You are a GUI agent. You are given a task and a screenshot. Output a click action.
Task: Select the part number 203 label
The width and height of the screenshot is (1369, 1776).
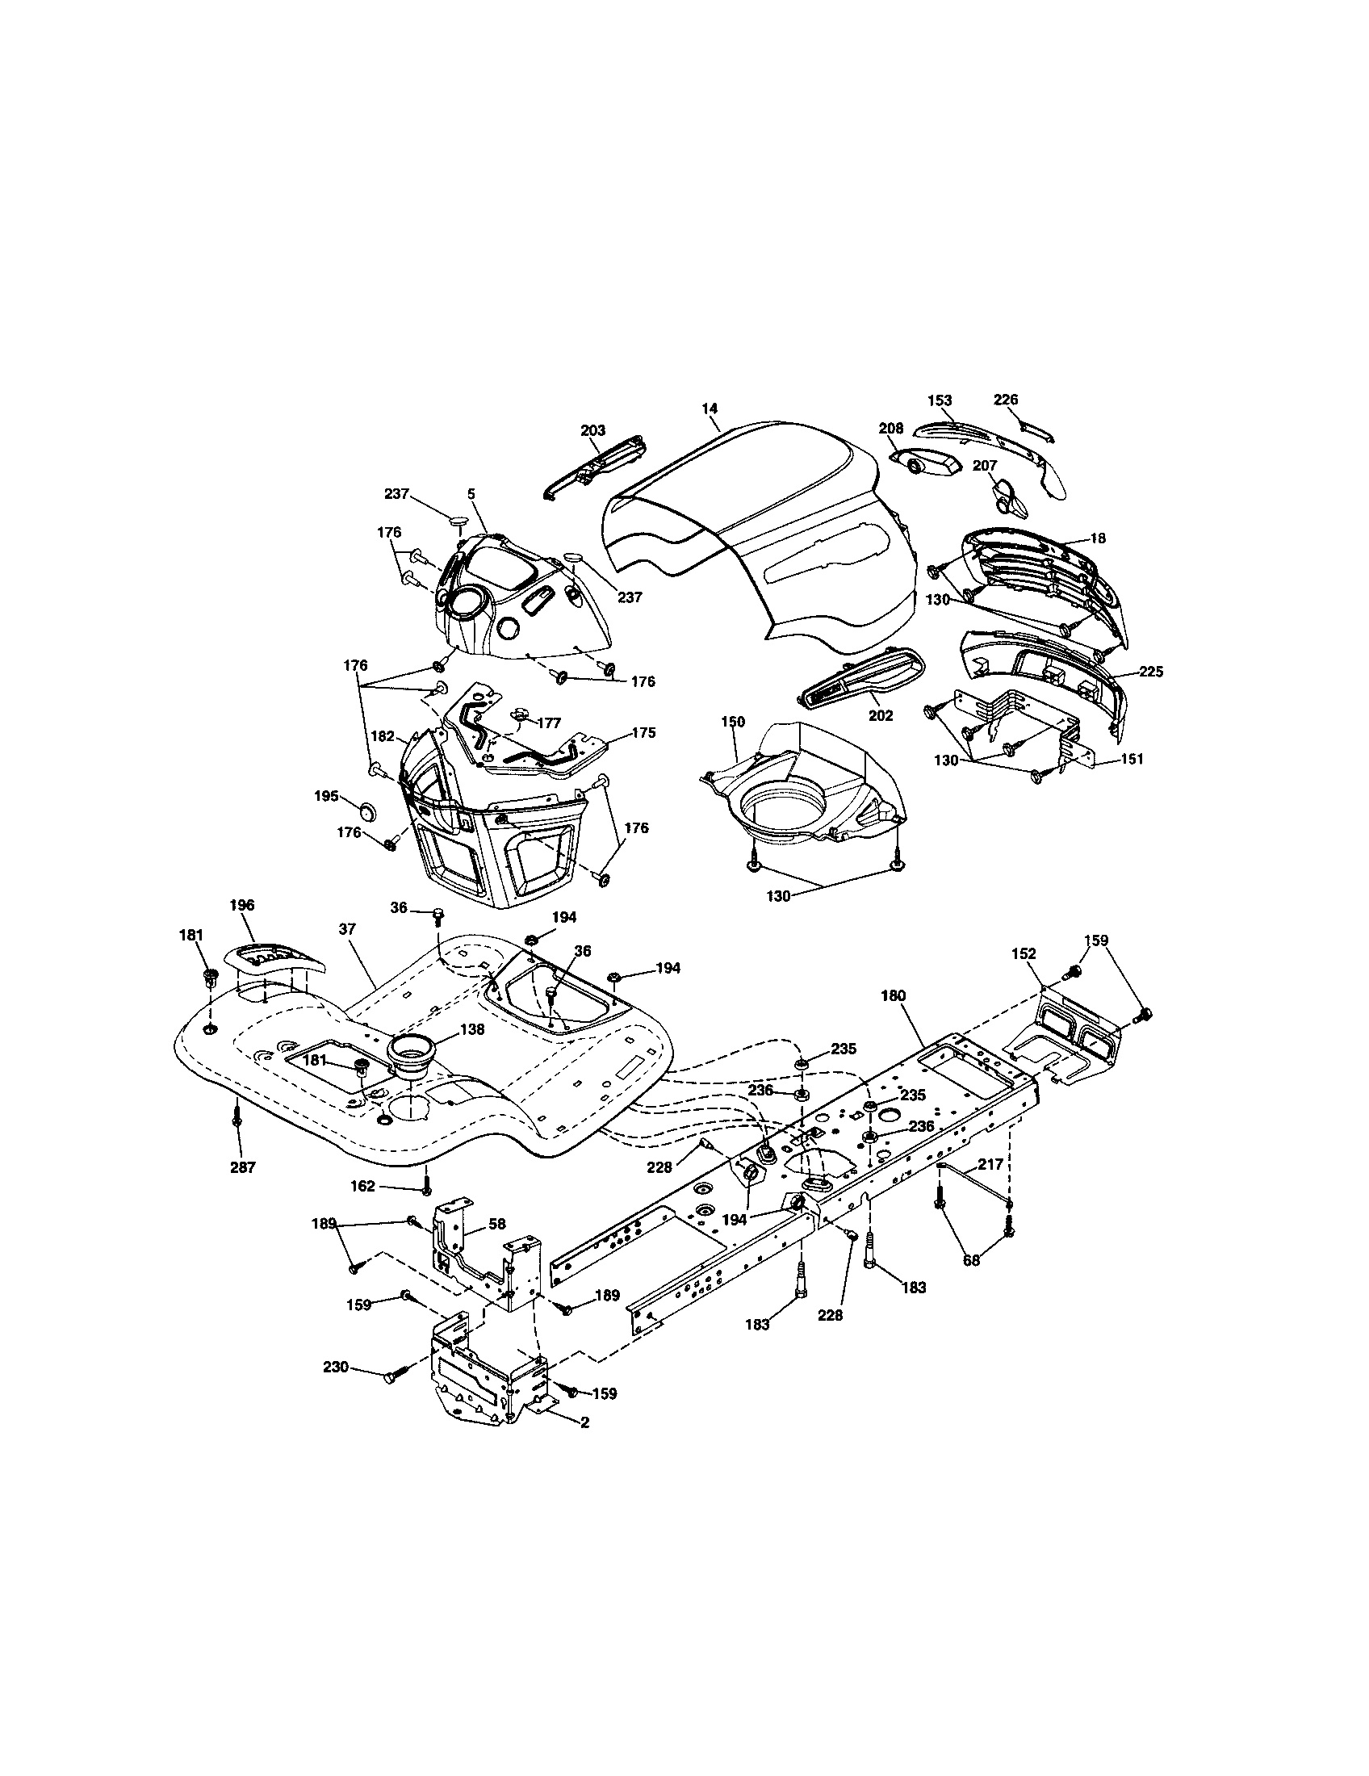592,430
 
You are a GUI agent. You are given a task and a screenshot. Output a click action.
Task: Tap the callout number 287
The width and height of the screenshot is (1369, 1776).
242,1168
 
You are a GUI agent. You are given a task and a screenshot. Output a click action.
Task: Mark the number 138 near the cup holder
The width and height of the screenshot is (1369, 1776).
471,1028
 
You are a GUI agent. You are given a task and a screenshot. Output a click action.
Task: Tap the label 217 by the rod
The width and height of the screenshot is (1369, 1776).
990,1164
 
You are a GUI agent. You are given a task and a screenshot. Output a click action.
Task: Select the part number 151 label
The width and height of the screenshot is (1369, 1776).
1131,759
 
